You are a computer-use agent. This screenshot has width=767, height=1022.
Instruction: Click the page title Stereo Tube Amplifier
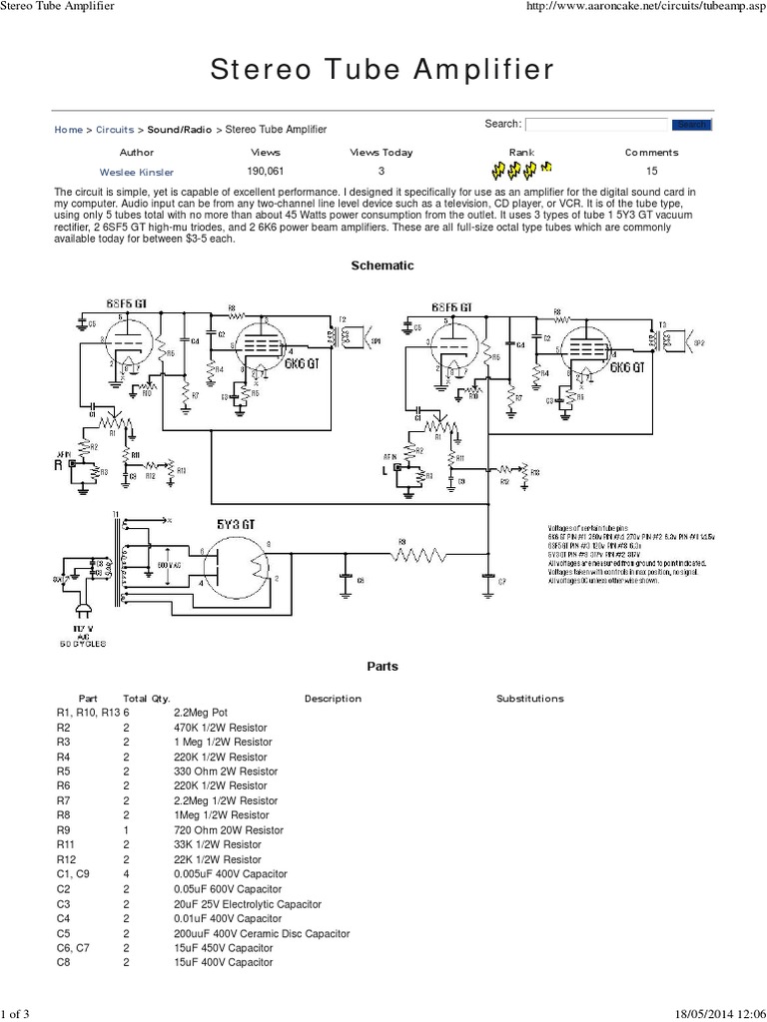click(x=383, y=70)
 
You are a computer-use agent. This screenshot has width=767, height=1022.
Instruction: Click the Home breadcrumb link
click(x=68, y=130)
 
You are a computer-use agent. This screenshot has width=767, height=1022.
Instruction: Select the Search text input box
click(x=596, y=125)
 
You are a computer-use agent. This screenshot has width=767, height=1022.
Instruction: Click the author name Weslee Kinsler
click(x=137, y=173)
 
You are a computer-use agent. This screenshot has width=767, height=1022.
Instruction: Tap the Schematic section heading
click(x=383, y=265)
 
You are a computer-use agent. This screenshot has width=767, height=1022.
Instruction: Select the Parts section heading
click(x=383, y=667)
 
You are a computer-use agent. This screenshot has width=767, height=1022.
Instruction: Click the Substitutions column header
click(x=530, y=699)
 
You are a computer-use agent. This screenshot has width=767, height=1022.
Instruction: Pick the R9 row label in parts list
click(x=65, y=830)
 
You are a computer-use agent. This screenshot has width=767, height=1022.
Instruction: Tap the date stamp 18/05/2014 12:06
click(x=713, y=1014)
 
